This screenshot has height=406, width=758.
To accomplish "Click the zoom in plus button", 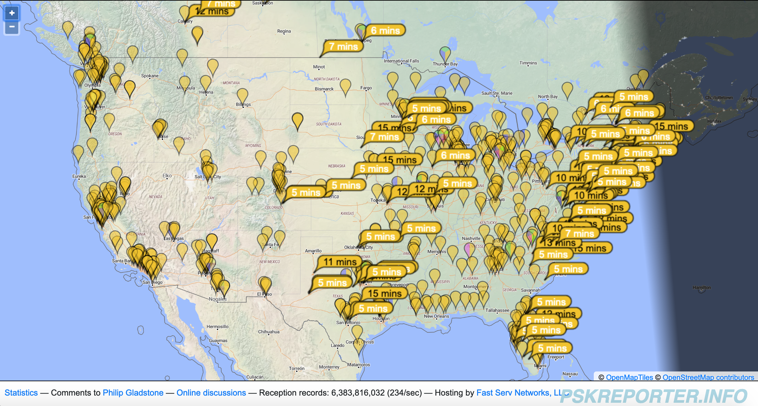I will (x=12, y=13).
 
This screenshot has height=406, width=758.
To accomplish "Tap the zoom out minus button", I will (x=12, y=27).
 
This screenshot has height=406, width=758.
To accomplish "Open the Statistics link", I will (x=21, y=393).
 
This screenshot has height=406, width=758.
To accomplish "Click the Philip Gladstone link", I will (x=133, y=393).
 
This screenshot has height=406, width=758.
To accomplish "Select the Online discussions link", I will (x=211, y=393).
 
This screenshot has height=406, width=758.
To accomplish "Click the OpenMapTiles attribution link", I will (x=629, y=377).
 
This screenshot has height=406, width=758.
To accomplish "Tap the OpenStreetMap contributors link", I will (x=708, y=377).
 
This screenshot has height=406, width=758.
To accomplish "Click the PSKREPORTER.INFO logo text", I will (x=653, y=396).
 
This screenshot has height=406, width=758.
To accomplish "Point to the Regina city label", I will (x=284, y=31).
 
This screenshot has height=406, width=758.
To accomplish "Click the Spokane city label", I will (x=150, y=76).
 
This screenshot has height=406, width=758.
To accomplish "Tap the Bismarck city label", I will (x=324, y=89).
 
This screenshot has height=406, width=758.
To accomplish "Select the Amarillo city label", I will (x=313, y=251).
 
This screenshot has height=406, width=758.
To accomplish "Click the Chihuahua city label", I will (x=269, y=332).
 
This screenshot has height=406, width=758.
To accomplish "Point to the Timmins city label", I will (x=528, y=63).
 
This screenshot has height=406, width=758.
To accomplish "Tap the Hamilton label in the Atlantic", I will (x=702, y=287).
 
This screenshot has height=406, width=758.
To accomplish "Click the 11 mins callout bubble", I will (x=340, y=262).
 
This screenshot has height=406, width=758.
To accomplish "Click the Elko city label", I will (x=167, y=176).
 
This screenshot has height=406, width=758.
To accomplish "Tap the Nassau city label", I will (x=570, y=374).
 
